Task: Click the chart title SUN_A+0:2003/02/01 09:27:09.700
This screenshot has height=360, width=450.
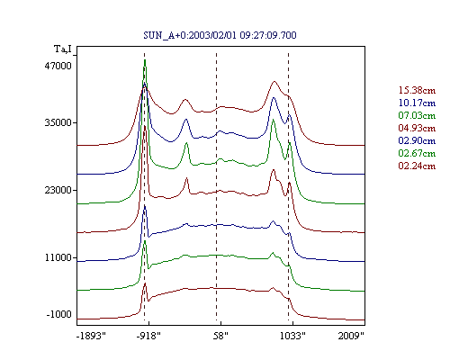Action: tap(220, 35)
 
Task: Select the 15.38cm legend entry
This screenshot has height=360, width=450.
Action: tap(417, 90)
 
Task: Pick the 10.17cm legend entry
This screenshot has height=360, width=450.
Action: tap(417, 103)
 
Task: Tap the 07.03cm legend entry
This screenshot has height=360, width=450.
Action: tap(417, 115)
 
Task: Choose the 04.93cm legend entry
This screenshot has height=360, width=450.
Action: tap(417, 128)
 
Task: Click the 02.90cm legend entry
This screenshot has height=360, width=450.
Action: tap(417, 140)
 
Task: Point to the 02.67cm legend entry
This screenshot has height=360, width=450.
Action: tap(417, 153)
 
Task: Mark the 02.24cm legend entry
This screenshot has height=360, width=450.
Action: tap(417, 166)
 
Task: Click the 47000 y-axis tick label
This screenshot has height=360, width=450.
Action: tap(58, 66)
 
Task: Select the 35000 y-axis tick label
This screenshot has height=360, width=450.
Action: tap(58, 122)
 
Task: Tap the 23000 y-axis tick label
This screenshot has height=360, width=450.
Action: tap(58, 190)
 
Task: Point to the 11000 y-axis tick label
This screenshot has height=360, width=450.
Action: tap(58, 257)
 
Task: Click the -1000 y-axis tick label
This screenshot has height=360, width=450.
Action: tap(59, 314)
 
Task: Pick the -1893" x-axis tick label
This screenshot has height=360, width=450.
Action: tap(92, 336)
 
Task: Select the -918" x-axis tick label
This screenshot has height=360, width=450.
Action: tap(148, 336)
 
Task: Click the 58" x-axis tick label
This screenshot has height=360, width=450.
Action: tap(220, 336)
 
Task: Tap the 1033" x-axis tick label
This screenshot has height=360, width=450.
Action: tap(292, 336)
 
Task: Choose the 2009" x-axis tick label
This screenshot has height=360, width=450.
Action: tap(351, 336)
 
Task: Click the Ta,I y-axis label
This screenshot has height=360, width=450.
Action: tap(63, 49)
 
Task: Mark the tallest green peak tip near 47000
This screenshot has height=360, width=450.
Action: tap(145, 59)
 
